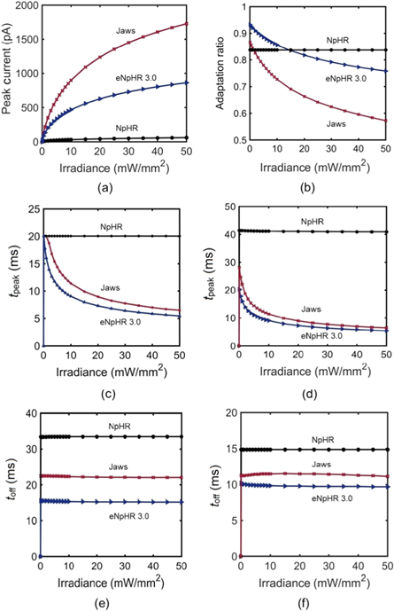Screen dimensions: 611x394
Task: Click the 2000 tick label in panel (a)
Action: [x=23, y=6]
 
